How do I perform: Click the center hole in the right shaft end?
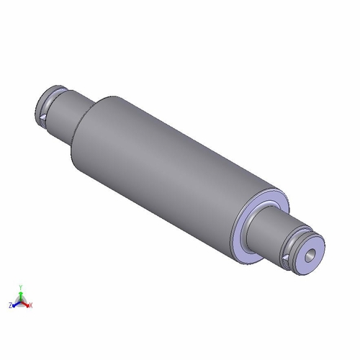click(310, 255)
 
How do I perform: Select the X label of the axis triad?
click(31, 305)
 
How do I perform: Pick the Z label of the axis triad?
click(10, 305)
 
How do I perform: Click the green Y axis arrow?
click(21, 294)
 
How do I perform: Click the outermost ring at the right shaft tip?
click(320, 248)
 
